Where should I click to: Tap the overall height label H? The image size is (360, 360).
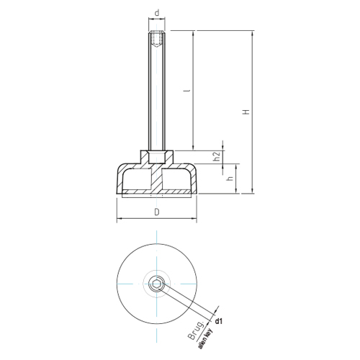[x=246, y=112]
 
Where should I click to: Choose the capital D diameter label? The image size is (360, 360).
[x=156, y=212]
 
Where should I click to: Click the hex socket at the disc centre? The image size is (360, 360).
[x=156, y=283]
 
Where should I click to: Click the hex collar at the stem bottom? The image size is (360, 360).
[x=156, y=156]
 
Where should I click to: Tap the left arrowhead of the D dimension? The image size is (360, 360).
[x=118, y=219]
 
